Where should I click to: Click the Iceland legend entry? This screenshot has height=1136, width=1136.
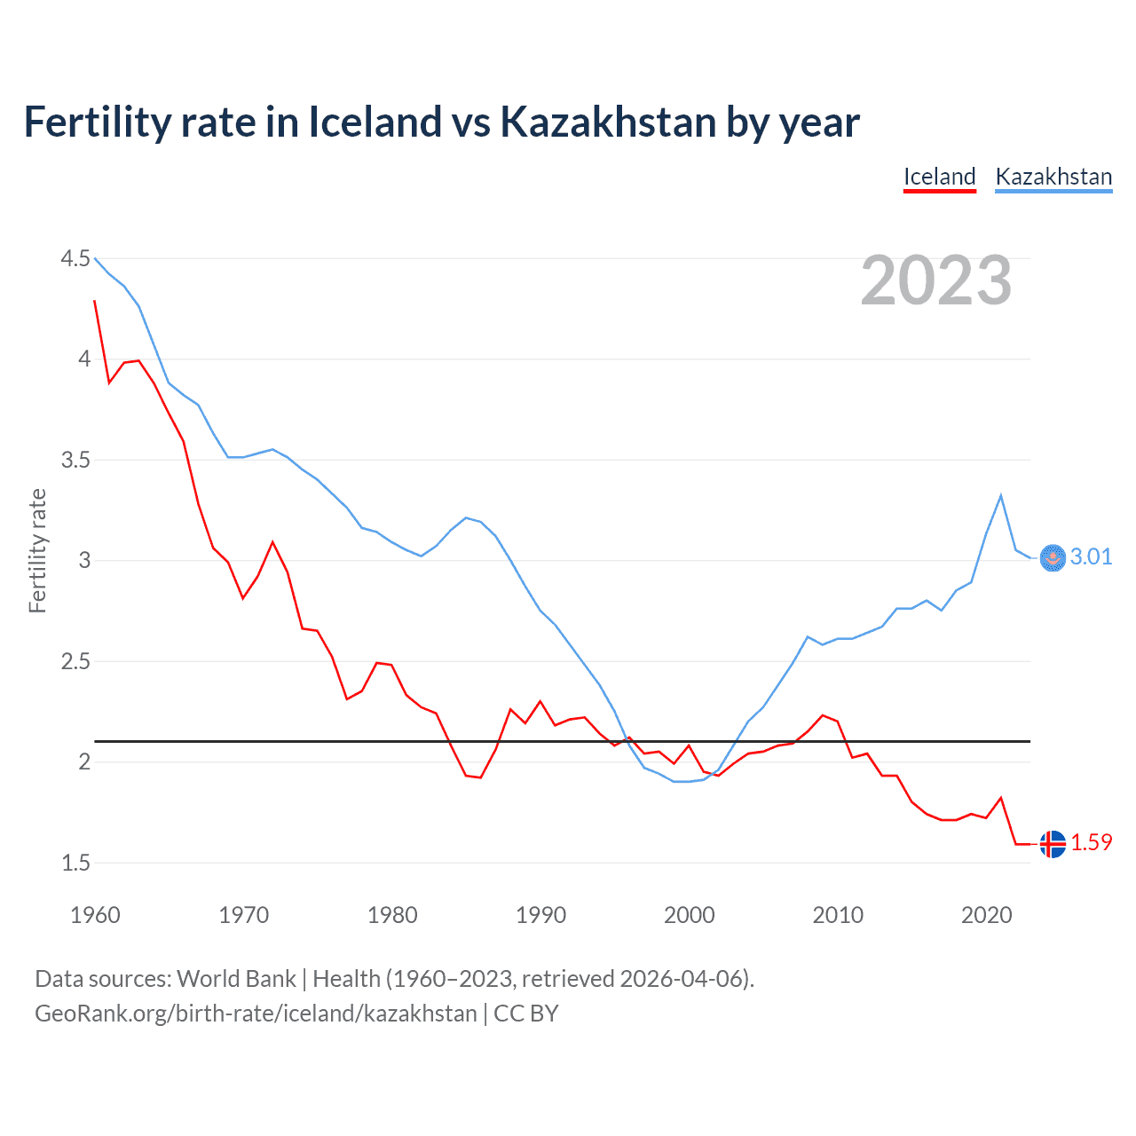point(939,177)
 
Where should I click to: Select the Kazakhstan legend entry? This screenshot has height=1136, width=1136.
point(1053,177)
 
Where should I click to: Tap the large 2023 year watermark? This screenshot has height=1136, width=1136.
point(936,280)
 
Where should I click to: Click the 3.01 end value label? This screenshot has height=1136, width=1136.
point(1091,556)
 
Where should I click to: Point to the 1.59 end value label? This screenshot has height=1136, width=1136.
point(1091,842)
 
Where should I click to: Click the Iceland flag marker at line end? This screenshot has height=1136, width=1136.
point(1053,843)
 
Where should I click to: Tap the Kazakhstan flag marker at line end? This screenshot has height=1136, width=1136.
point(1053,557)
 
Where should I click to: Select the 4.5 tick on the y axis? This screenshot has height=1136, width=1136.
point(75,258)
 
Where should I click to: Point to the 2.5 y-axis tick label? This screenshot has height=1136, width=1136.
point(75,661)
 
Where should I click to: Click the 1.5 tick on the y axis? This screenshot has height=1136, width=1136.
point(75,863)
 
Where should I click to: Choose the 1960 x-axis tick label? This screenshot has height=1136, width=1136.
point(95,915)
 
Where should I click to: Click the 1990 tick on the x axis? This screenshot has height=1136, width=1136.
point(540,915)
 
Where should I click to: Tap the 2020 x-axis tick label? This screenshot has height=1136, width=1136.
point(986,915)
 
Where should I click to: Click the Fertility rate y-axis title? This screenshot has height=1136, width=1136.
point(37,550)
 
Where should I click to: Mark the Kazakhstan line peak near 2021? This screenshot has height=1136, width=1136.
point(1001,495)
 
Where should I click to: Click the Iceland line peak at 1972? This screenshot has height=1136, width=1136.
point(272,541)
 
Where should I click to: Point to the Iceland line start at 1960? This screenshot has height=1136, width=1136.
point(95,301)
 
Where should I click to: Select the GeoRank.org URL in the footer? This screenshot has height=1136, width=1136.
point(256,1014)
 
